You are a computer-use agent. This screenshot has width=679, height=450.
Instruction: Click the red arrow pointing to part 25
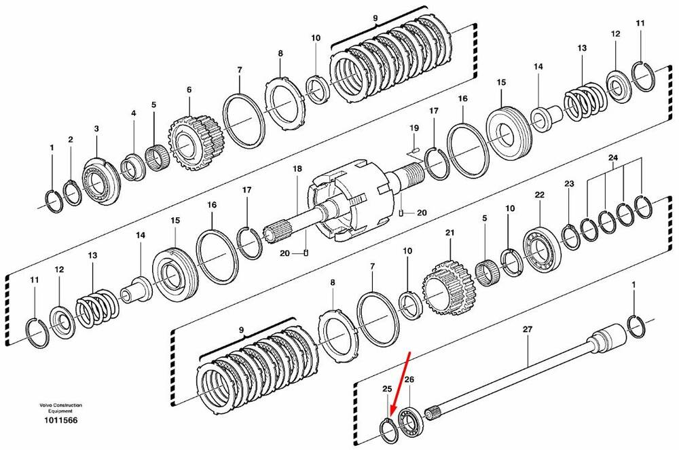click(400, 385)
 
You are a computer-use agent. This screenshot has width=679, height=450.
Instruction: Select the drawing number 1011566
click(60, 420)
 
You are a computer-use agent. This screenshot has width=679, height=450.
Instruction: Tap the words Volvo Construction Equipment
click(60, 408)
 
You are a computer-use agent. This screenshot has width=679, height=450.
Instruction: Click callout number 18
click(297, 169)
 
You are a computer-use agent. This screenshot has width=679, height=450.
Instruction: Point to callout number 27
click(527, 329)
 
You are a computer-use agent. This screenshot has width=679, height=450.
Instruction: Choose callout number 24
click(612, 157)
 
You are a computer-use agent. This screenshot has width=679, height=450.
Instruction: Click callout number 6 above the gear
click(189, 90)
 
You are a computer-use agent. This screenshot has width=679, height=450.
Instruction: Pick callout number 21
click(450, 233)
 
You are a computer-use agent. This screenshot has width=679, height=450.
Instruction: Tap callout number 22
click(539, 195)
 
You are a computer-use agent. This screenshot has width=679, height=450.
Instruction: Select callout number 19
click(414, 128)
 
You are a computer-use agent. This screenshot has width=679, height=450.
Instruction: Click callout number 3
click(96, 128)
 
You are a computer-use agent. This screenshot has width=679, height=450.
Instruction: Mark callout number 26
click(409, 379)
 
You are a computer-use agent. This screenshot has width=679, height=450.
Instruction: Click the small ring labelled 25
click(388, 432)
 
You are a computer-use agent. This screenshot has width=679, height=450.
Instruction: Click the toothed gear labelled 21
click(447, 289)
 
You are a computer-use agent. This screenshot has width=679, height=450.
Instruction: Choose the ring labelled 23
click(571, 238)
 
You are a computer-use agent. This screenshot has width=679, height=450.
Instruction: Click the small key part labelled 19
click(414, 150)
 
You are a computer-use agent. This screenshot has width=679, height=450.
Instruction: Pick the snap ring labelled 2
click(73, 193)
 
